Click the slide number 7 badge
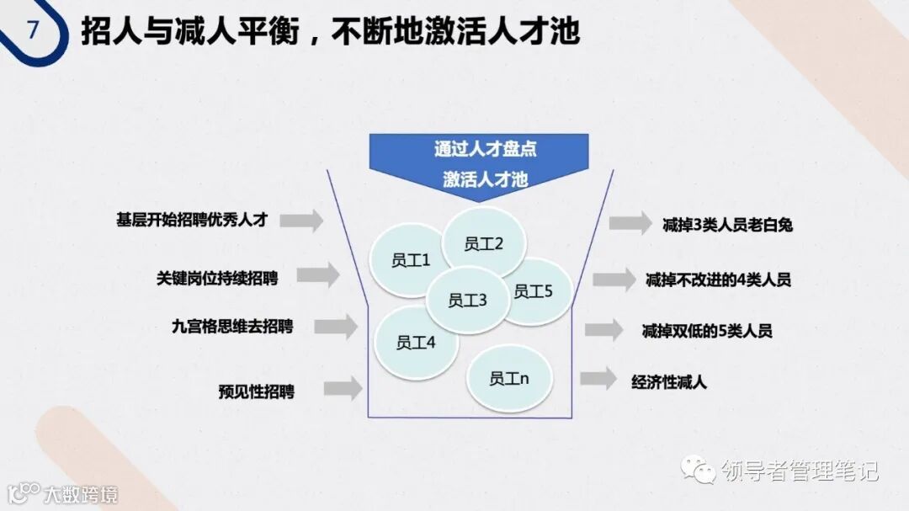coord(34,31)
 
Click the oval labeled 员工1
coord(411,260)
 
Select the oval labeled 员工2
coord(484,243)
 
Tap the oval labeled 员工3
coord(467,300)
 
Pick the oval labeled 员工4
coord(416,342)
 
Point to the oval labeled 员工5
coord(534,291)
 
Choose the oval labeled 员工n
coord(509,378)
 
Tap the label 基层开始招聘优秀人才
coord(192,220)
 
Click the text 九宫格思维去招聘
coord(232,326)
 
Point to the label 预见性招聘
coord(257,391)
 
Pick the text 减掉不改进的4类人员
coord(718,279)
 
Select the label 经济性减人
coord(670,381)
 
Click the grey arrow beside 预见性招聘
coord(343,388)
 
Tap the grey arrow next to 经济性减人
coord(598,379)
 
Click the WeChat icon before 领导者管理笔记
coord(699,468)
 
